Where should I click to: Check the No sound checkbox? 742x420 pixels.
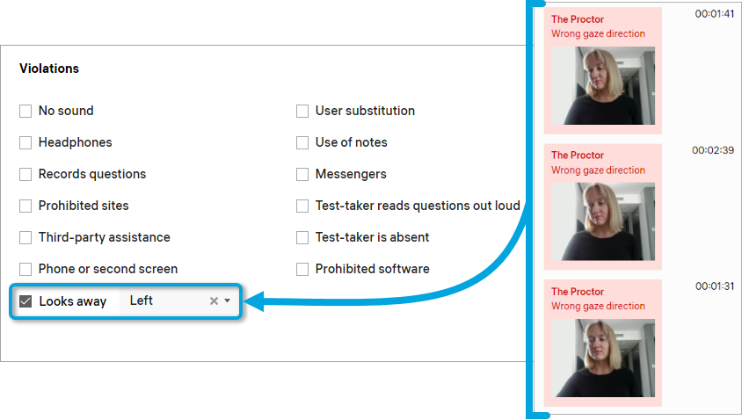click(x=25, y=111)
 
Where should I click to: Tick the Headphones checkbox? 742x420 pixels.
click(x=25, y=143)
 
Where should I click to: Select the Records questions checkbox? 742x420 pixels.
click(x=25, y=175)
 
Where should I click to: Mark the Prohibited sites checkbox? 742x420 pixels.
click(x=25, y=206)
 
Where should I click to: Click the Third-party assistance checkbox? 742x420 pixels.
click(x=25, y=237)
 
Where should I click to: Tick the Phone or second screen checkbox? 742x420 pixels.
click(x=25, y=269)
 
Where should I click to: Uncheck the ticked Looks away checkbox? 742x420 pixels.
click(x=25, y=301)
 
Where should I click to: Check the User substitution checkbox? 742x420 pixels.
click(x=302, y=111)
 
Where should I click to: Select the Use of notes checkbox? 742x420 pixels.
click(x=302, y=143)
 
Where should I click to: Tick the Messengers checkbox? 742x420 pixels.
click(x=302, y=175)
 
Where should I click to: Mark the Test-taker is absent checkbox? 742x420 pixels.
click(x=302, y=237)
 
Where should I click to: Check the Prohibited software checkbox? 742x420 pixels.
click(x=302, y=269)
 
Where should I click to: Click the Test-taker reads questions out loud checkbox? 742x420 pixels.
click(x=302, y=206)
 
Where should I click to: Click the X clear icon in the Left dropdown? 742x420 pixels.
click(x=214, y=301)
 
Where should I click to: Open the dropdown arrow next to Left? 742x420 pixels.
click(x=227, y=301)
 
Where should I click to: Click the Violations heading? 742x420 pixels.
click(x=49, y=69)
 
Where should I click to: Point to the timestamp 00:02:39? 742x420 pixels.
click(x=713, y=150)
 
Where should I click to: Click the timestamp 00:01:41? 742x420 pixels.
click(x=715, y=14)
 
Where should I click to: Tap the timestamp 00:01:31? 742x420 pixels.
click(x=715, y=286)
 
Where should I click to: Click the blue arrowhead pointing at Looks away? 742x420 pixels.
click(x=254, y=301)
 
